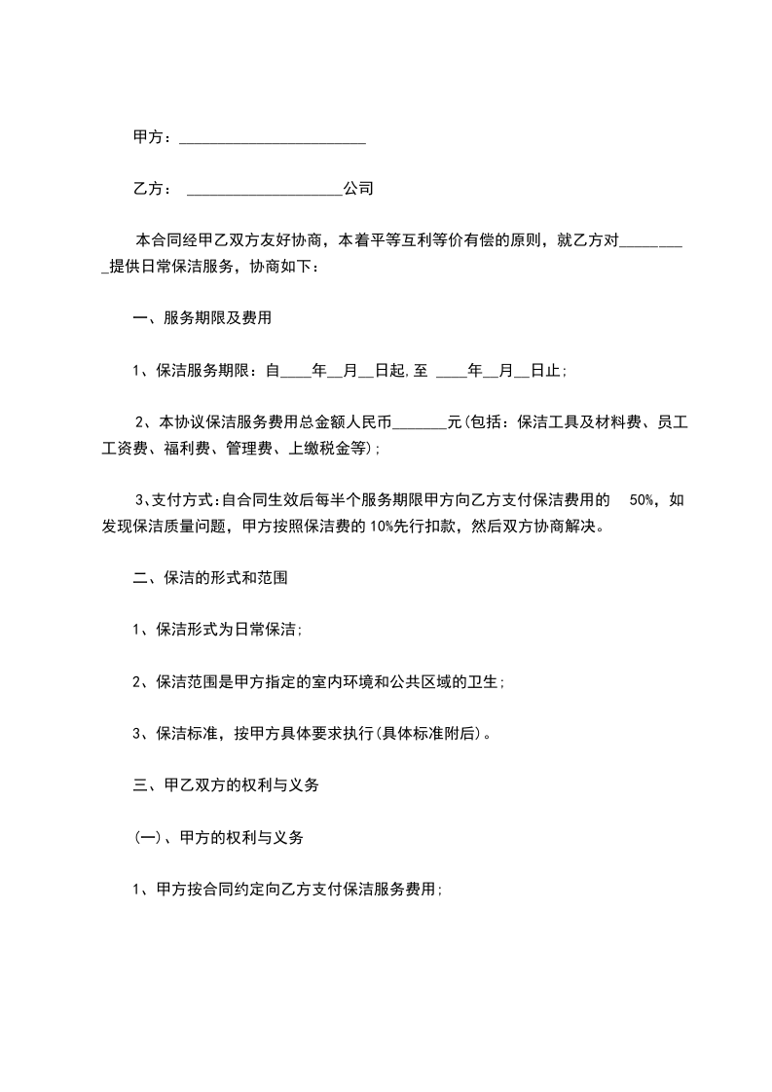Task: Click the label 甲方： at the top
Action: tap(153, 138)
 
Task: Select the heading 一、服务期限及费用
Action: tap(202, 317)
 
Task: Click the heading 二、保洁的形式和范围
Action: tap(209, 577)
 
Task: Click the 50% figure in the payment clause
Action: tap(643, 500)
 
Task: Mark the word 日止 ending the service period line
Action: tap(548, 370)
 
